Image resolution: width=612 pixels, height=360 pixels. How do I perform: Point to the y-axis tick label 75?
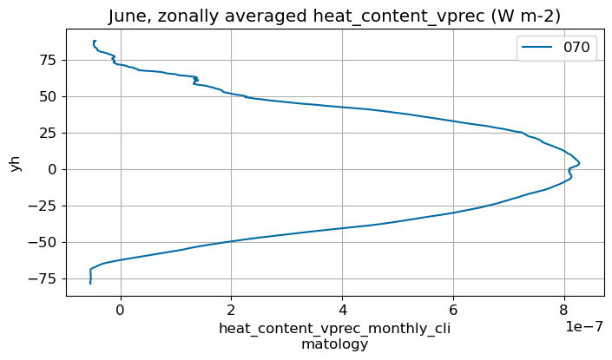pos(47,60)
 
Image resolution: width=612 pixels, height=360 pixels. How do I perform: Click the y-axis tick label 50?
pos(47,96)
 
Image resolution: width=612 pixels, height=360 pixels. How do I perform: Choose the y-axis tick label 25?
pos(47,133)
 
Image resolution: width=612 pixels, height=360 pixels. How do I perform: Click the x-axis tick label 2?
pos(231,308)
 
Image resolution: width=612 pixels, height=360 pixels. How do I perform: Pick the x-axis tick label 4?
pos(342,308)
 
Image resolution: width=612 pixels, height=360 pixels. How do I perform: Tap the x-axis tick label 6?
pos(453,308)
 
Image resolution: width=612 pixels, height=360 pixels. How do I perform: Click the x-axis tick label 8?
pos(564,308)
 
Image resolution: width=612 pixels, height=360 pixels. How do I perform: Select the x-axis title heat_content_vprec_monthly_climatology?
pos(334,337)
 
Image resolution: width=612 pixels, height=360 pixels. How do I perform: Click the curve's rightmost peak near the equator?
pos(579,163)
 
